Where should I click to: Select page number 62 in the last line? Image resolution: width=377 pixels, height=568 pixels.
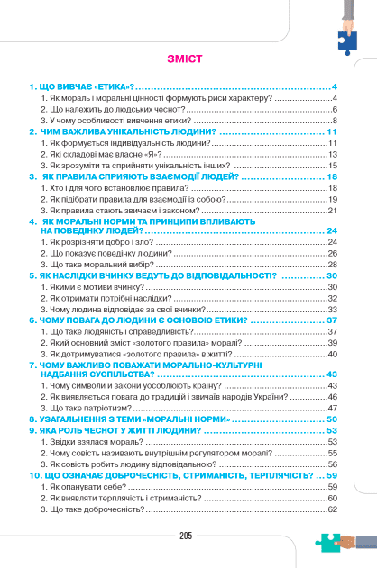pos(332,509)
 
